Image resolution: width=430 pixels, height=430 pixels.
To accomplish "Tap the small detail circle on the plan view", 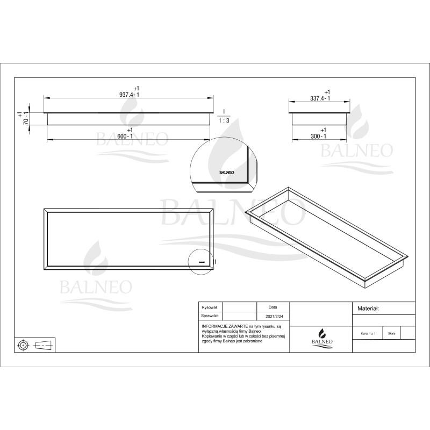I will [201, 262].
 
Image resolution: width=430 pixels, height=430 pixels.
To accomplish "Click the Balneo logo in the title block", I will [322, 338].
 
